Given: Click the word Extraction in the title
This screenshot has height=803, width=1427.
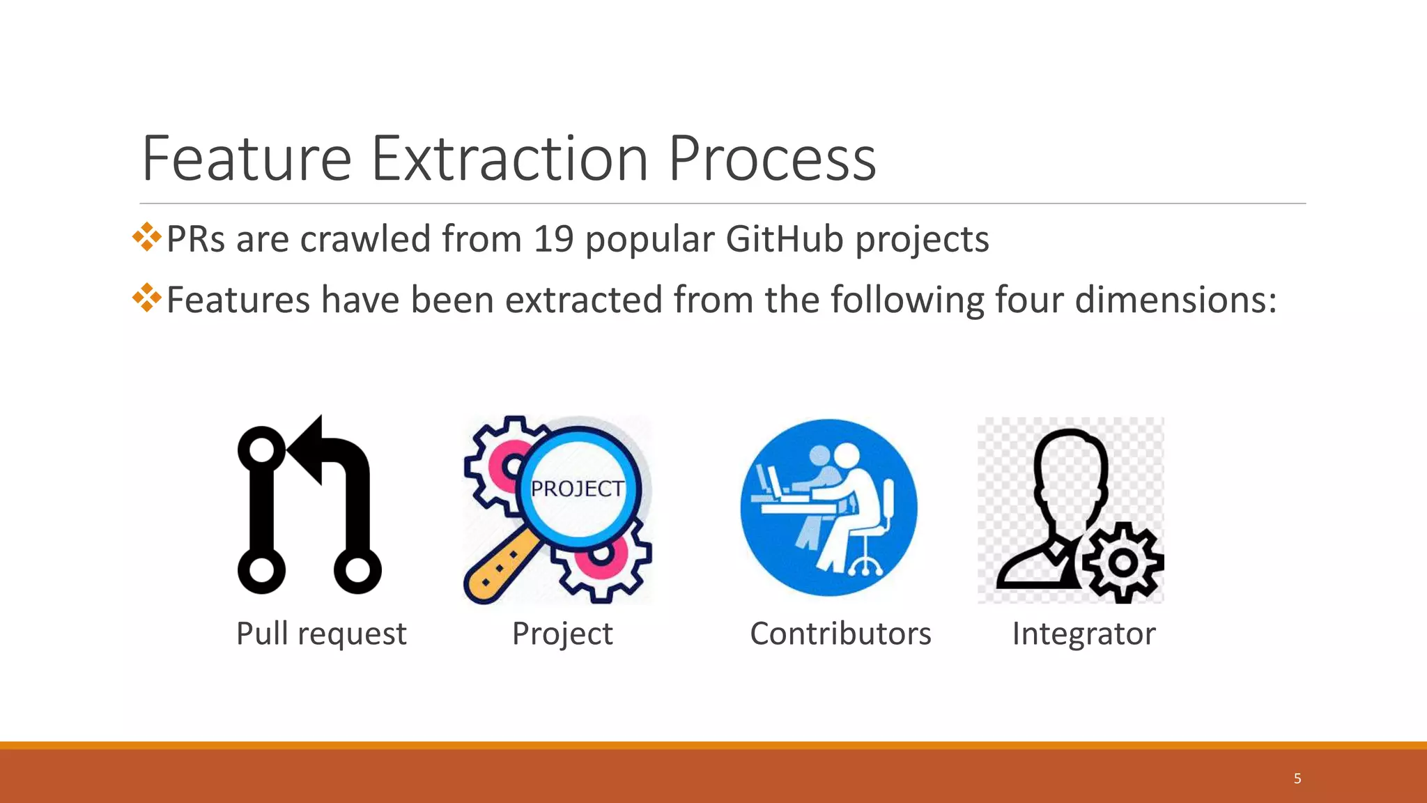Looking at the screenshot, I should [510, 159].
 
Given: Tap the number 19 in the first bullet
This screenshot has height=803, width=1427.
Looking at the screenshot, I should [553, 239].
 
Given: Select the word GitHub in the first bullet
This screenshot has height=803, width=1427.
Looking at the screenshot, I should [784, 239].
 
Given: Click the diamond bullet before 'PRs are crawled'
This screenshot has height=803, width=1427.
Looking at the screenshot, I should [146, 237].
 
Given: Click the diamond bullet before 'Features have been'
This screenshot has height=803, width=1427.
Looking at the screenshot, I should [146, 298].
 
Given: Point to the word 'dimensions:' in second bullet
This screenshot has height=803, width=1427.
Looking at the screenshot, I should [1175, 300].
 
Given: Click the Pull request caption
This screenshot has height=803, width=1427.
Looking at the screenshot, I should [321, 634].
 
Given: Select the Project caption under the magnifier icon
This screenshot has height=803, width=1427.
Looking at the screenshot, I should [562, 634].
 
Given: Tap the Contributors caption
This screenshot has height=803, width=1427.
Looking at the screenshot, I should [840, 634].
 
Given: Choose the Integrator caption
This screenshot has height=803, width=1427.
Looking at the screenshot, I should [1083, 634].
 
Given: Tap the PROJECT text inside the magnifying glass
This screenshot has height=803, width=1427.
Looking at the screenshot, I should [577, 489].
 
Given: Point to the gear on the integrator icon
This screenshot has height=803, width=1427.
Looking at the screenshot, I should [1122, 563].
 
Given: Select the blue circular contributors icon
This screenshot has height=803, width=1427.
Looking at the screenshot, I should [828, 507].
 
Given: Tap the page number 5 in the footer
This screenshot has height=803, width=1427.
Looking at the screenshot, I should [1297, 779].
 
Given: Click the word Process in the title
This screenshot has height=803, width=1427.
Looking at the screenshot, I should [772, 159].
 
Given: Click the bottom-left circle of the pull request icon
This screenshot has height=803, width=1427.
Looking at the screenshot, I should [261, 570].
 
